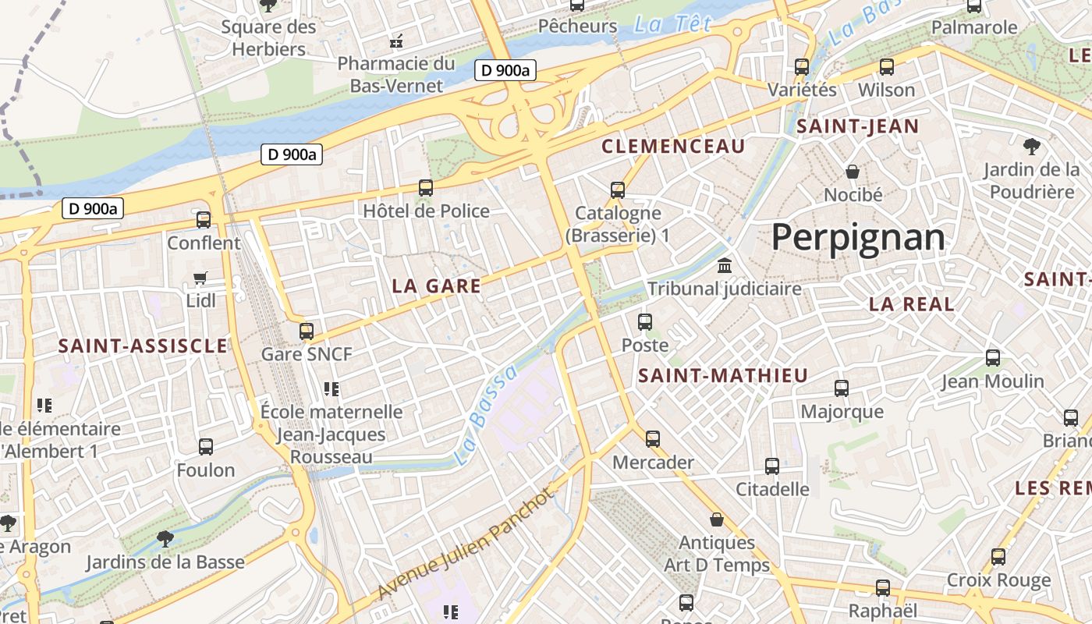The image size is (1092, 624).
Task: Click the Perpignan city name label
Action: pos(857,237)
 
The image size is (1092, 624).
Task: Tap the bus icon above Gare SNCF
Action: pos(307,331)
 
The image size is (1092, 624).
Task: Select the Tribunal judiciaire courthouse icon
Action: pos(725,265)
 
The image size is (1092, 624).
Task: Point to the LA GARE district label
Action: pos(436,286)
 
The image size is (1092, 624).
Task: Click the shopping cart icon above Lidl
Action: pos(200,278)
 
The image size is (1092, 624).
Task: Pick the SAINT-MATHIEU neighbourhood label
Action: pos(723,376)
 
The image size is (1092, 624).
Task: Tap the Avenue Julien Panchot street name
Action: pos(464,545)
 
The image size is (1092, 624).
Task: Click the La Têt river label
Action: pos(672,24)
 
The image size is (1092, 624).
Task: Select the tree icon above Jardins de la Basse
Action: pos(165,537)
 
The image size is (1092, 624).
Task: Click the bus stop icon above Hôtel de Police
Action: pos(426,187)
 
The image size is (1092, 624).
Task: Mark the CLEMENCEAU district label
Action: pos(673,146)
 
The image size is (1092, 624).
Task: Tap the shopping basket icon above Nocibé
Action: pos(853,171)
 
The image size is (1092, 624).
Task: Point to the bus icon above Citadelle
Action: pos(772,466)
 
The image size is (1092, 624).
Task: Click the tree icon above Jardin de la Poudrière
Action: pos(1031,146)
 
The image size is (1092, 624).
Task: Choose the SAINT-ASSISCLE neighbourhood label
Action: pos(143,346)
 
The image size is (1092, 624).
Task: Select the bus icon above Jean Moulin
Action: pos(992,358)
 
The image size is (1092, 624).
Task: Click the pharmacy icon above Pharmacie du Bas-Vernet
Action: pos(396,41)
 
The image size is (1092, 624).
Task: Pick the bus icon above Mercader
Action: pos(653,438)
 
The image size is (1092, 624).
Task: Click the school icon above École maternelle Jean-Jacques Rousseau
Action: pos(331,388)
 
